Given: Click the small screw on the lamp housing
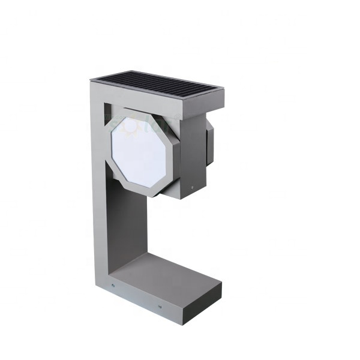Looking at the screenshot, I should tap(192, 187).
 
